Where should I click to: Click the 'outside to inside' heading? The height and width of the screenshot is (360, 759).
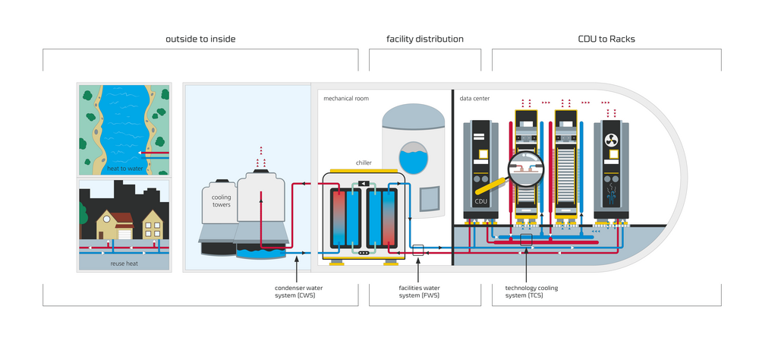tap(200, 39)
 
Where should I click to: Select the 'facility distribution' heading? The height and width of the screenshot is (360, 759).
tap(424, 39)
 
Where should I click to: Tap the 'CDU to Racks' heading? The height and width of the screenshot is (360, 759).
tap(606, 39)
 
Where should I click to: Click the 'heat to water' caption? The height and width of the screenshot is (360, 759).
tap(124, 168)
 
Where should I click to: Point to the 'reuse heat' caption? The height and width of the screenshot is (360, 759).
tap(123, 264)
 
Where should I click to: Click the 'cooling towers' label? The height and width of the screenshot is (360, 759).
tap(221, 201)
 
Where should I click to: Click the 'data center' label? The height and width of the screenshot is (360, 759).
tap(475, 99)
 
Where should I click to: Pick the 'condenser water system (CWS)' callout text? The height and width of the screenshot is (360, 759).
tap(296, 292)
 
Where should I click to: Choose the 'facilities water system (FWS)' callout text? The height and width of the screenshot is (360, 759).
tap(418, 292)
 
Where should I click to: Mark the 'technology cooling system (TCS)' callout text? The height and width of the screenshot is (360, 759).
tap(527, 292)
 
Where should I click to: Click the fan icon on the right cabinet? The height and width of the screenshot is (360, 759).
tap(611, 140)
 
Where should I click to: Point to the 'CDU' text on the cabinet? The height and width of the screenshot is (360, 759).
tap(480, 202)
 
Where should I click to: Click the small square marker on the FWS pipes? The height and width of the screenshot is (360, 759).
tap(417, 248)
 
